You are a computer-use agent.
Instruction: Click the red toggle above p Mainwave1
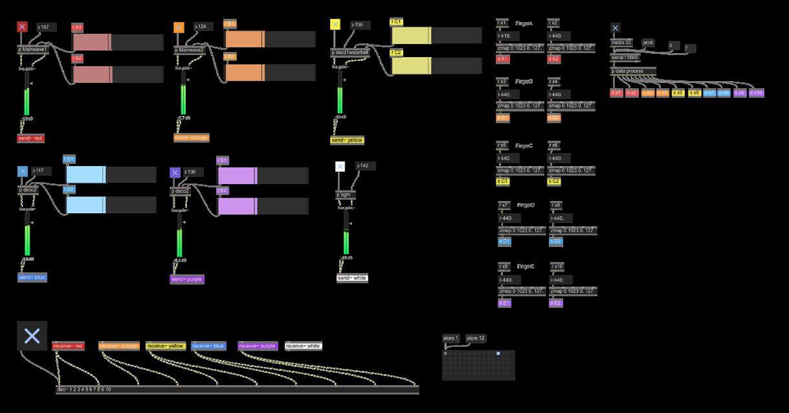(22, 27)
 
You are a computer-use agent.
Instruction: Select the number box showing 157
(47, 27)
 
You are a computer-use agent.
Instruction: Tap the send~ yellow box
(348, 140)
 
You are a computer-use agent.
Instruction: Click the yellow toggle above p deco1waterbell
(335, 25)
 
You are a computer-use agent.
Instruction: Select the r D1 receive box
(69, 159)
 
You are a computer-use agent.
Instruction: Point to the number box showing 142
(365, 166)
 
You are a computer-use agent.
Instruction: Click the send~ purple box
(187, 279)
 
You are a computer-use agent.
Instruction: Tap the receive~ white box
(304, 346)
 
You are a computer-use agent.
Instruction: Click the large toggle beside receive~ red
(32, 335)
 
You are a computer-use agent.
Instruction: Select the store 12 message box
(476, 338)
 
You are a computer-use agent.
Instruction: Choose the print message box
(648, 43)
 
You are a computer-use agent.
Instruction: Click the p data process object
(633, 71)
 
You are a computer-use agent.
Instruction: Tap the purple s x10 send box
(756, 93)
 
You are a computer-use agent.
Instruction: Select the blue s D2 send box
(556, 242)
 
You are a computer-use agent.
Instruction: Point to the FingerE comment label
(526, 266)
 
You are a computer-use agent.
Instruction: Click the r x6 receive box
(555, 146)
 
